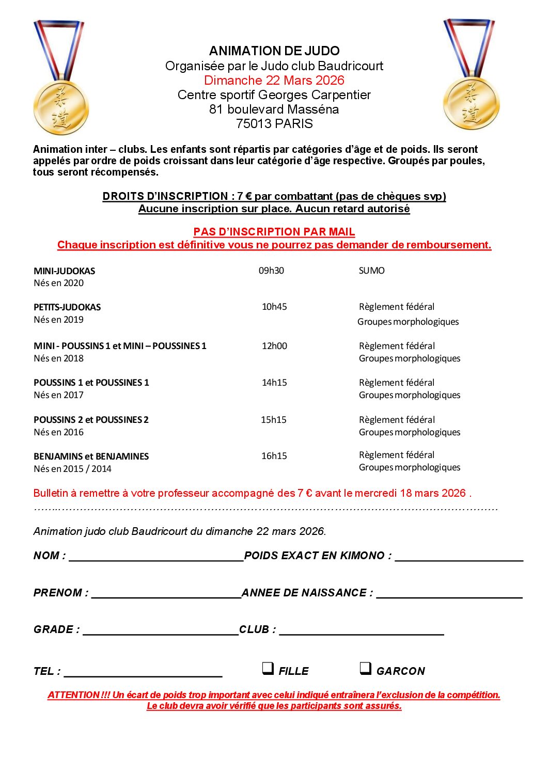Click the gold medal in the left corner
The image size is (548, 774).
60,106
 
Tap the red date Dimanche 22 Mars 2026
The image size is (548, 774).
274,80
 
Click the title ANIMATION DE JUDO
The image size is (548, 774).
274,51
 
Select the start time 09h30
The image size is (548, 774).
271,271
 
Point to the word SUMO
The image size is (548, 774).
371,271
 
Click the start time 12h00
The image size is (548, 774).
274,346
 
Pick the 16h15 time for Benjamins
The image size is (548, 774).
274,456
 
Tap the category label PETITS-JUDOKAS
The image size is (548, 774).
67,307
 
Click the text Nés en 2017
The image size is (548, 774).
58,395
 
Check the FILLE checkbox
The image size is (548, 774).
268,669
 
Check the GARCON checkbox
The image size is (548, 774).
365,669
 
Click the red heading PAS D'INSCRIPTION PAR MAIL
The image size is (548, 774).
274,232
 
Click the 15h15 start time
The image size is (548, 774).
273,420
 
